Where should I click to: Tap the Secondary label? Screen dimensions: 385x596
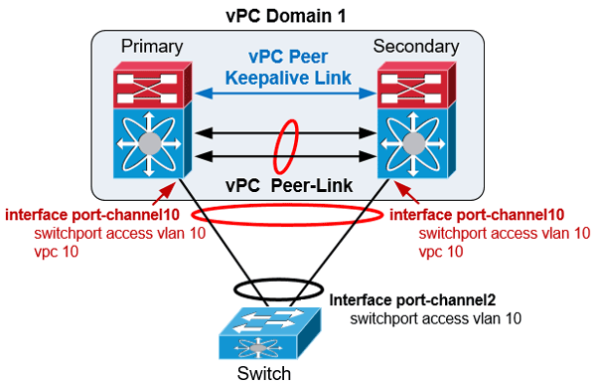(415, 46)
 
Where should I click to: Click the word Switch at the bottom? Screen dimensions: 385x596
(265, 373)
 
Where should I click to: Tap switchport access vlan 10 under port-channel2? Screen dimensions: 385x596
(436, 318)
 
